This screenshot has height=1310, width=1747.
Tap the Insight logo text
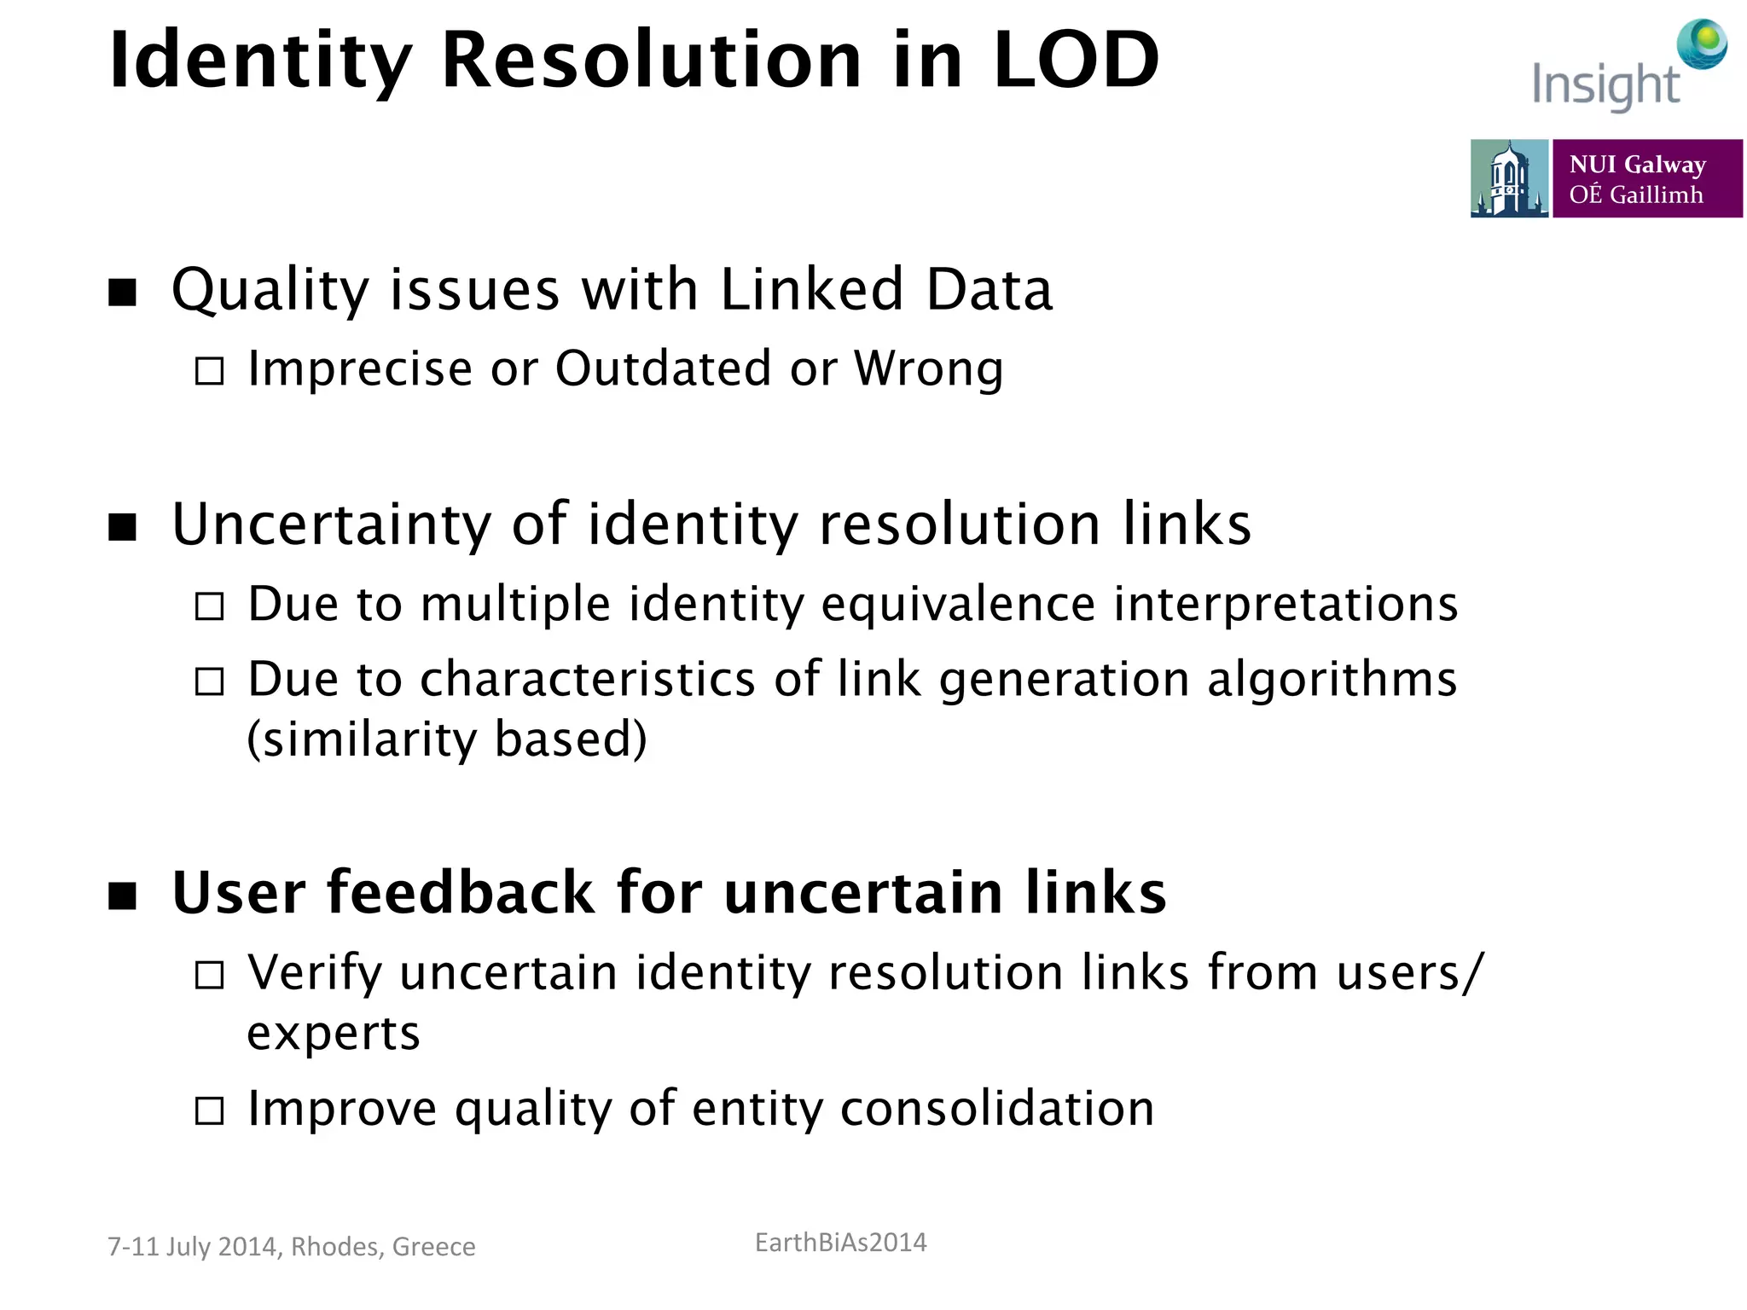(1605, 85)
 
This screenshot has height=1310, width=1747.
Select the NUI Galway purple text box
(1646, 178)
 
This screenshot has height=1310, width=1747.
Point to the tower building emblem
(1509, 178)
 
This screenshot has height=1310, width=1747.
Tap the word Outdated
(663, 368)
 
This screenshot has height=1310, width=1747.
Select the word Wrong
(928, 368)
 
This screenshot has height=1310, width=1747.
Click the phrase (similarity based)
(447, 739)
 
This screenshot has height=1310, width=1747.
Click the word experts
(334, 1034)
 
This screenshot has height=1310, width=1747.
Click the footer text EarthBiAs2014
(840, 1243)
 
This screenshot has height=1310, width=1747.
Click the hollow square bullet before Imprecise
(210, 371)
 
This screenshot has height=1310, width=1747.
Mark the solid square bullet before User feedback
(123, 896)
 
